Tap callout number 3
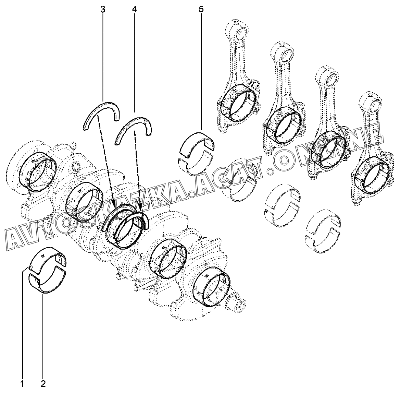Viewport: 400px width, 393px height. point(102,10)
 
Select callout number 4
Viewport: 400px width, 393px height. point(134,10)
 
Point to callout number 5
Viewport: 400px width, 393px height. point(201,10)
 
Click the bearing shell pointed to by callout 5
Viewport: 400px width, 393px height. point(196,144)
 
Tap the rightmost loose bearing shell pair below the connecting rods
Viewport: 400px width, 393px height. point(323,234)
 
